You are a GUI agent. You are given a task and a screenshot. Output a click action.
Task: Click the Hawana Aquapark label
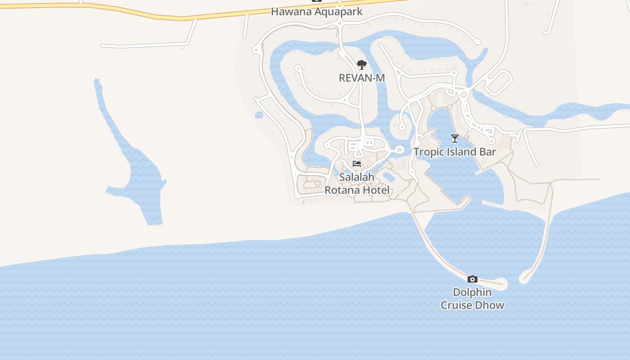point(316,12)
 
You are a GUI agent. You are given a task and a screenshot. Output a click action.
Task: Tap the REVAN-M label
point(362,78)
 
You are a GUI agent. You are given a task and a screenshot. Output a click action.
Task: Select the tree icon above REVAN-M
point(361,65)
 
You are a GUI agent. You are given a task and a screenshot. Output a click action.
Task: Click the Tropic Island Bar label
point(454,152)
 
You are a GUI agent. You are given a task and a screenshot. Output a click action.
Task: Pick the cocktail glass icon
point(455,138)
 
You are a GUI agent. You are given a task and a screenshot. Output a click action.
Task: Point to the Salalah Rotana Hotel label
point(357,184)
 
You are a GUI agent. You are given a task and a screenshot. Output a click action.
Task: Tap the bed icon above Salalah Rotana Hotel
point(357,163)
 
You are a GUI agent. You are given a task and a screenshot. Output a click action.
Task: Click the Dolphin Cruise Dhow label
point(472,298)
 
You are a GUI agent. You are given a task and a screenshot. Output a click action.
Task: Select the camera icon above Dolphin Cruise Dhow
point(472,279)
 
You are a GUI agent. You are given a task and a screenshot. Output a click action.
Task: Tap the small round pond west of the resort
point(259,115)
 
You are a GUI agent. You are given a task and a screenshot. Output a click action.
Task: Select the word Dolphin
point(472,292)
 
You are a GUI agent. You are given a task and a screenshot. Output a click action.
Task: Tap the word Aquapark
point(338,12)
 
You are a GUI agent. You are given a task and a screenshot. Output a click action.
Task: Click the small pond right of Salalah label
point(389,177)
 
